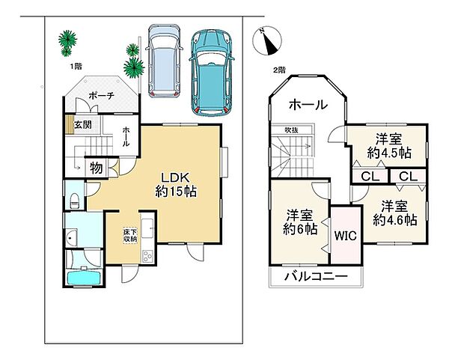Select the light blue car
(x=164, y=61)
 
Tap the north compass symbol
(x=267, y=40)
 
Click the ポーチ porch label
(x=101, y=95)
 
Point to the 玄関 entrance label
(x=83, y=124)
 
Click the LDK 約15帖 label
(x=176, y=184)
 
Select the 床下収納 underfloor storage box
(x=130, y=236)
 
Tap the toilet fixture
(x=74, y=201)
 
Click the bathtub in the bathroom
(x=84, y=278)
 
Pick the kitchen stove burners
(x=147, y=256)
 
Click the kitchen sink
(x=147, y=228)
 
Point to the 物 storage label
(x=97, y=168)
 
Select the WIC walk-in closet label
(x=346, y=236)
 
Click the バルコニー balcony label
(x=316, y=277)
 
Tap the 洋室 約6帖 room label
(x=300, y=222)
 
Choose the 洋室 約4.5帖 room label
(x=389, y=147)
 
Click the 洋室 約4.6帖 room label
(x=394, y=213)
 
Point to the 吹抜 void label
(x=292, y=130)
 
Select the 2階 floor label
(x=279, y=70)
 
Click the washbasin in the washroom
(x=71, y=238)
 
